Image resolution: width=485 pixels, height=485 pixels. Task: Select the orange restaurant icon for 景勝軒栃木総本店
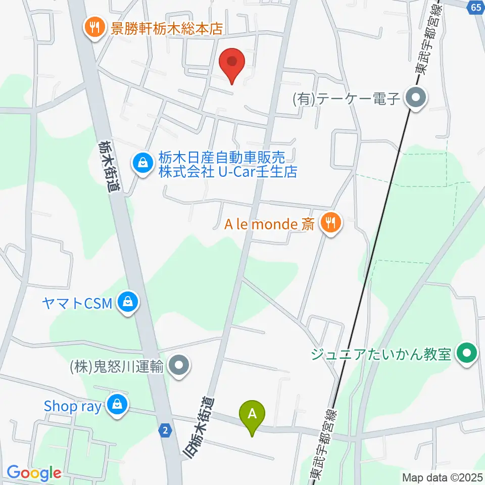click(x=94, y=26)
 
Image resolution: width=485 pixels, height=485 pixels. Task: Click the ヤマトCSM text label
click(x=77, y=303)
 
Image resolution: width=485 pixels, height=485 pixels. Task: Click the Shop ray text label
click(x=73, y=406)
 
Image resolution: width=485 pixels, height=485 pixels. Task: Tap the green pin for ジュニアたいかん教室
click(x=467, y=353)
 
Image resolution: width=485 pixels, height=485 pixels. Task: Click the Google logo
click(x=34, y=473)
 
